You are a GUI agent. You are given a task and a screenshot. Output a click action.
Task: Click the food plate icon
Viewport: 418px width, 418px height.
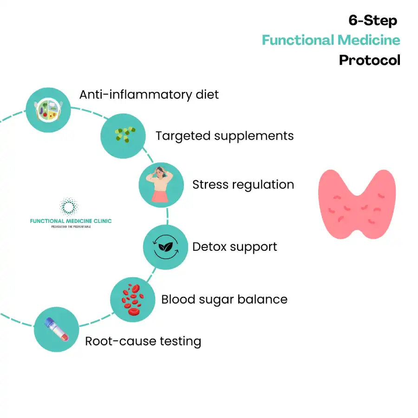pos(48,110)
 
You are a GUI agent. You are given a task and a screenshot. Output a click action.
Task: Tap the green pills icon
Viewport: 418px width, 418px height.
pos(125,134)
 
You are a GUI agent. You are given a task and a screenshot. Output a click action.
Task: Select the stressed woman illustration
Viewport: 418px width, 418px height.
pos(161,184)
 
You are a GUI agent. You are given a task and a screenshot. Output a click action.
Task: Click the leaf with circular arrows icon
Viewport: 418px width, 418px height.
pos(165,247)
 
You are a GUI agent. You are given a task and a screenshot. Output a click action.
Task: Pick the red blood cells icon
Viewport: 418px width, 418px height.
pos(133,300)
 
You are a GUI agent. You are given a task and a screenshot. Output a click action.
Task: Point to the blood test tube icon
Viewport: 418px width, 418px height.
pos(57,329)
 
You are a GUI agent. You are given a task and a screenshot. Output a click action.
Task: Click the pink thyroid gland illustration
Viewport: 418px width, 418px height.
pos(357,204)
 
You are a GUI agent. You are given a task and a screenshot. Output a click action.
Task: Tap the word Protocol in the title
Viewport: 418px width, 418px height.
pos(370,60)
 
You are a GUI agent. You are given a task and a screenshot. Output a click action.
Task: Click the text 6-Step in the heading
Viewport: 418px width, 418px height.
pos(372,20)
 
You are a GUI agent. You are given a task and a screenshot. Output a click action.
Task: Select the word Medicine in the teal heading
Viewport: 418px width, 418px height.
pos(369,40)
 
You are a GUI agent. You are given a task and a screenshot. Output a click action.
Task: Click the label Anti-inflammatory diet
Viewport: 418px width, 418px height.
pos(149,95)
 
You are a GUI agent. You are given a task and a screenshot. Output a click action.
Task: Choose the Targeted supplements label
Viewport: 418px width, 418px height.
pos(225,136)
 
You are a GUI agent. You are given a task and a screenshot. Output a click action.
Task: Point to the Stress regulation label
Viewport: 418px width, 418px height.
pos(243,184)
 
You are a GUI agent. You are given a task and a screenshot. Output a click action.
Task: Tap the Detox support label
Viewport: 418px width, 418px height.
pos(235,247)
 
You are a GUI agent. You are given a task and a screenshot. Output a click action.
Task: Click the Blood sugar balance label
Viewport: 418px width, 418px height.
pos(224,300)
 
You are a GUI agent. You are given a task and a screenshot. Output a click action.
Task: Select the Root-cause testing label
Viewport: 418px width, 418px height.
pos(143,341)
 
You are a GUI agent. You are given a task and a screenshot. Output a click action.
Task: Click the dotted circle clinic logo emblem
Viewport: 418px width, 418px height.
pos(69,207)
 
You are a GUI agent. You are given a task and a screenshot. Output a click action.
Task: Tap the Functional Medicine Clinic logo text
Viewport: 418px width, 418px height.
pos(71,221)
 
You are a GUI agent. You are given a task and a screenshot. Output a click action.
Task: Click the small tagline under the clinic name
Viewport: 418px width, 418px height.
pos(71,227)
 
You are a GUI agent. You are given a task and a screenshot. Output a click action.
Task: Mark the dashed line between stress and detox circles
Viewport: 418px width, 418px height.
pos(167,216)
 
